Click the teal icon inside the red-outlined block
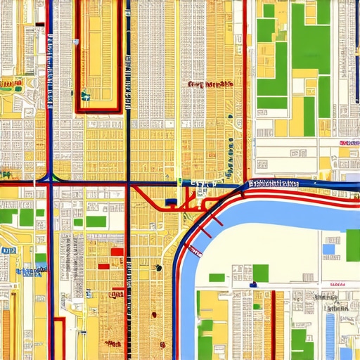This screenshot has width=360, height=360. [85, 96]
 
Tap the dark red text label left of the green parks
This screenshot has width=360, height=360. [210, 84]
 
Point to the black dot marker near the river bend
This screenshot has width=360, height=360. [159, 267]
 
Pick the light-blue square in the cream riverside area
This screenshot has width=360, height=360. [328, 249]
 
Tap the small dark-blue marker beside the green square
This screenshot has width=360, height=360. [252, 285]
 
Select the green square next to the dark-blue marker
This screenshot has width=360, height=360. [261, 273]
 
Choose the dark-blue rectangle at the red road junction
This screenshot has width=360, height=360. [171, 203]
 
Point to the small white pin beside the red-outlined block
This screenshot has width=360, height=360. [75, 42]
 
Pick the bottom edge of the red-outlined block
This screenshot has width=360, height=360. [98, 110]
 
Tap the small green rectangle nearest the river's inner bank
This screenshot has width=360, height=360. [217, 278]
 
